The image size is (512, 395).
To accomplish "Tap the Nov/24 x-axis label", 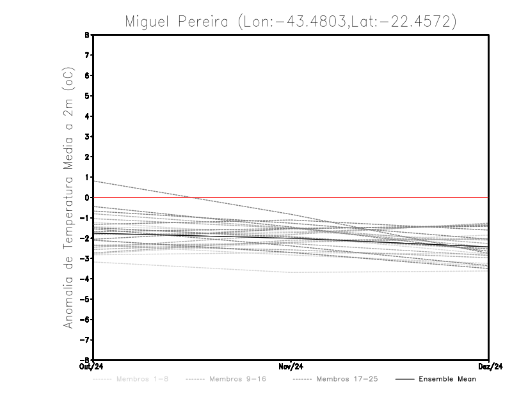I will [x=291, y=367].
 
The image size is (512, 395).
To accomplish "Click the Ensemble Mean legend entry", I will [x=447, y=379].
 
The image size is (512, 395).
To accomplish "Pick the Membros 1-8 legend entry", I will [x=142, y=379].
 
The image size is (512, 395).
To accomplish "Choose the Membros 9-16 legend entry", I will [x=237, y=379].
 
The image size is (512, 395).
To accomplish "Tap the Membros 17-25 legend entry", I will [x=347, y=379].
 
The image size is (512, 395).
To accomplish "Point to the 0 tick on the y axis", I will [x=87, y=197].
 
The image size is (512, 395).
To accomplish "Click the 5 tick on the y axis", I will [x=87, y=96].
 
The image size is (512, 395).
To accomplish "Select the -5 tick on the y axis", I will [x=85, y=299].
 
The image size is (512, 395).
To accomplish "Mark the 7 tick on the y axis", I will [x=87, y=56].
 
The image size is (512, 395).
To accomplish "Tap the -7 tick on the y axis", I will [x=85, y=339].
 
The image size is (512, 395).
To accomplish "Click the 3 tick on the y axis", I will [x=87, y=137].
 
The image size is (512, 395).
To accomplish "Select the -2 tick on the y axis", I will [x=85, y=238].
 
